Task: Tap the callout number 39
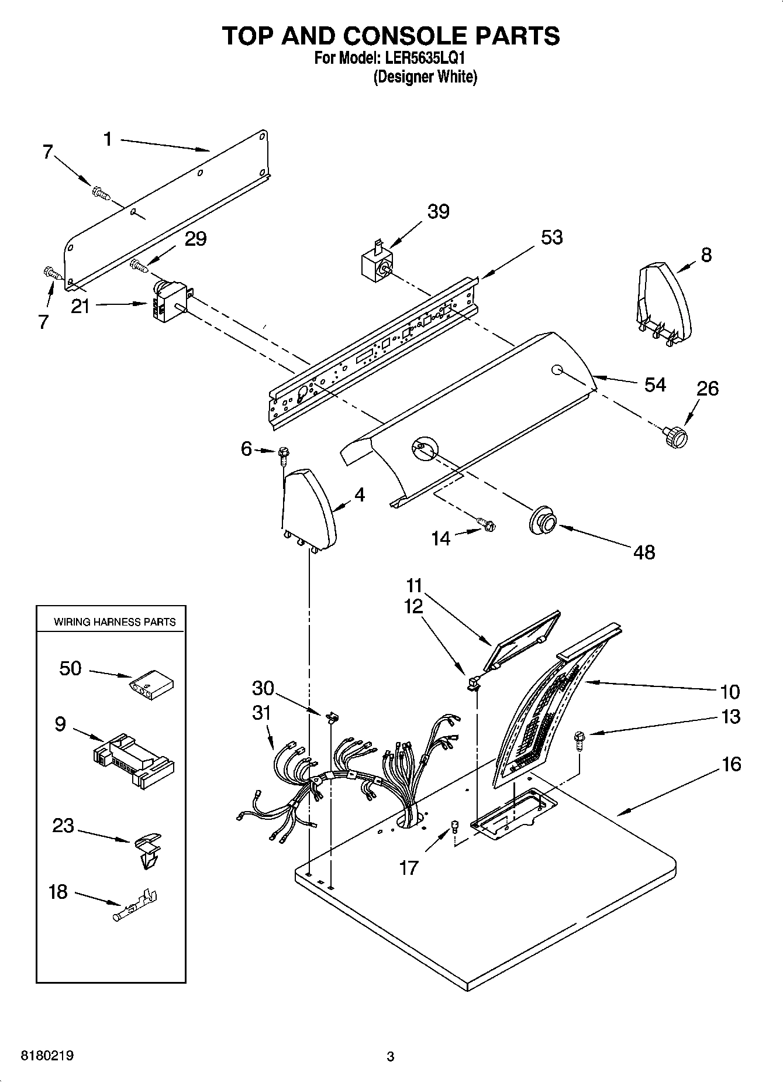[x=438, y=212]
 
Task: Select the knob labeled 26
[x=675, y=437]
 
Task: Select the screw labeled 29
[x=139, y=266]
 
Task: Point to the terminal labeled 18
[x=135, y=906]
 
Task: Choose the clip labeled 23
[x=146, y=849]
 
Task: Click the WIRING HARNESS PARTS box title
[x=115, y=622]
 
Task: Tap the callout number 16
[x=731, y=764]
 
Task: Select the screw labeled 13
[x=580, y=741]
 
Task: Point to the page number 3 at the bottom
[x=390, y=1056]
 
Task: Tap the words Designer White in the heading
[x=425, y=77]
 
